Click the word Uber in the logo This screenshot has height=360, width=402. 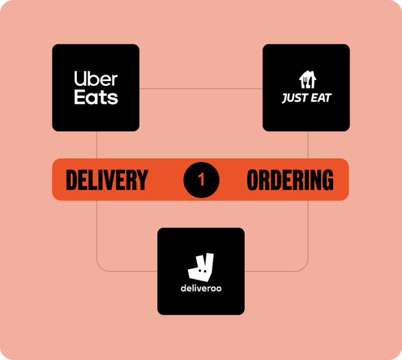coord(95,79)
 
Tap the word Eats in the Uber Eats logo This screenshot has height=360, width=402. coord(95,97)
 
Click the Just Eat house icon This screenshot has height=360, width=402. coord(306,80)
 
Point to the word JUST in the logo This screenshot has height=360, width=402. coord(293,98)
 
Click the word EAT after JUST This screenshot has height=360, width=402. coord(320,98)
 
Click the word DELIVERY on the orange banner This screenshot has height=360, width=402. coord(107,179)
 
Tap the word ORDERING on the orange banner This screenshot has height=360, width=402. coord(290,179)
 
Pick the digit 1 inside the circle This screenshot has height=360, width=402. coord(202,179)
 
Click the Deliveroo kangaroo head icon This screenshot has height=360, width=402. coord(201,267)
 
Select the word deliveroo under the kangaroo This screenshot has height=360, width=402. coord(201,289)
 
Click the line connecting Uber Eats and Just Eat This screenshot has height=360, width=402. coord(201,89)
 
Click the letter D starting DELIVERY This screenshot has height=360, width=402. coord(71,179)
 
